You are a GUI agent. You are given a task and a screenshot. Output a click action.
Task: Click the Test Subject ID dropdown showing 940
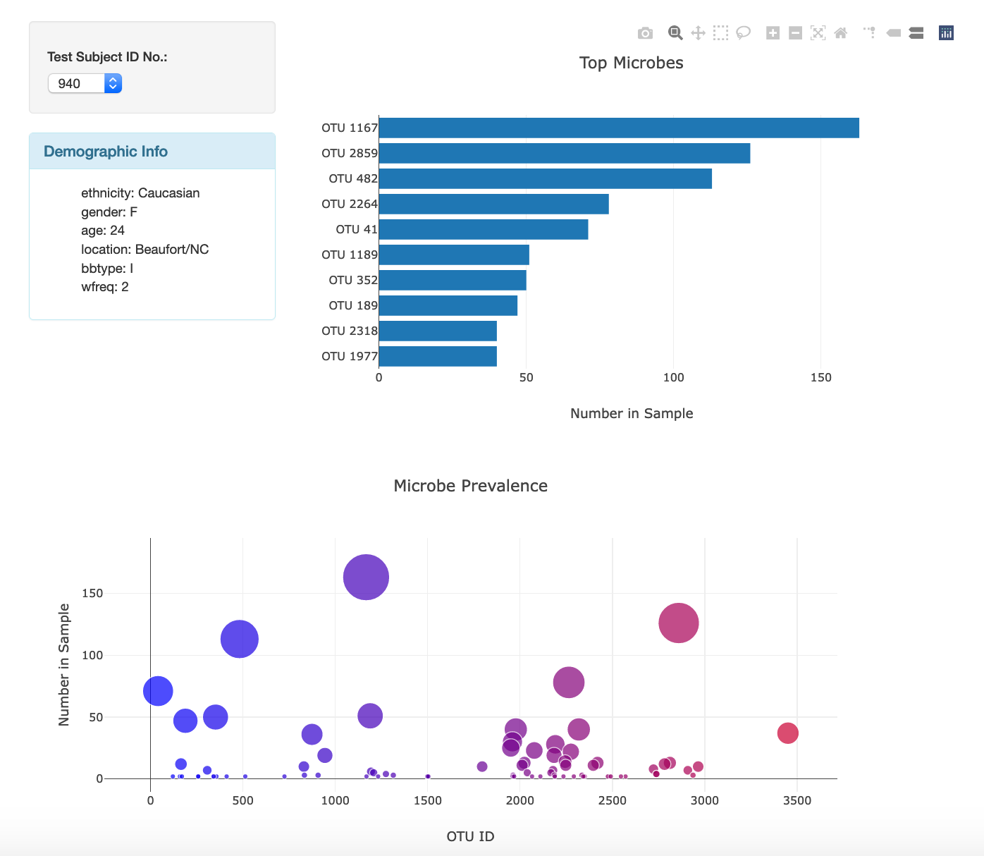coord(85,83)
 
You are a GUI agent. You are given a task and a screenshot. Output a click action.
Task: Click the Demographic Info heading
coord(106,152)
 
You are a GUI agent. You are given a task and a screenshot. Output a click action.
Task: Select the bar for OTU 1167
coord(618,128)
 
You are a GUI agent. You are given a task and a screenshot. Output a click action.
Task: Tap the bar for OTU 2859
coord(564,153)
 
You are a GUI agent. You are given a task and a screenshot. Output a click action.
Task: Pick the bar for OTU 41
coord(483,229)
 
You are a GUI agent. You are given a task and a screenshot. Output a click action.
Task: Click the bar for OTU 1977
coord(437,356)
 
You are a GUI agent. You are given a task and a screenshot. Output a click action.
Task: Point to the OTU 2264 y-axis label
coord(350,204)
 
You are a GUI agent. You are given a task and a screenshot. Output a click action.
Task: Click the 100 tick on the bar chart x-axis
coord(673,377)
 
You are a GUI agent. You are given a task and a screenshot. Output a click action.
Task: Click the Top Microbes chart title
coord(631,63)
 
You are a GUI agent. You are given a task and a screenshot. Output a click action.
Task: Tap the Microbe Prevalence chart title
coord(470,486)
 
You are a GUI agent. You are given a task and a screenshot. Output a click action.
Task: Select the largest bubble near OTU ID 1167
coord(366,577)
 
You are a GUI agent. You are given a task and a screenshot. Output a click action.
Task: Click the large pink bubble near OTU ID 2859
coord(678,623)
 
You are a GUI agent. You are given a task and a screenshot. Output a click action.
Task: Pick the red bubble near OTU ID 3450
coord(787,733)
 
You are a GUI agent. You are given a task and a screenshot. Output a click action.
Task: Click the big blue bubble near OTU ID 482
coord(239,639)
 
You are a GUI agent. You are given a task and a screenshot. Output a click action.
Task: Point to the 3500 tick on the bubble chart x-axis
coord(797,800)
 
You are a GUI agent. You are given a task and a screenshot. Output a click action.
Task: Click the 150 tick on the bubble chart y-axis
coord(92,593)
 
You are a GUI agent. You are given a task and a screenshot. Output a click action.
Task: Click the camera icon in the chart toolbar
coord(645,33)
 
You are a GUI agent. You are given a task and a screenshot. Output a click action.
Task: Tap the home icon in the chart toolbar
coord(840,33)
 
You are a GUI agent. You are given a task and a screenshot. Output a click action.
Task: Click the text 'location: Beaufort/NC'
coord(144,249)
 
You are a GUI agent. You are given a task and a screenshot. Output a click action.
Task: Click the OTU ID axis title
coord(470,836)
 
